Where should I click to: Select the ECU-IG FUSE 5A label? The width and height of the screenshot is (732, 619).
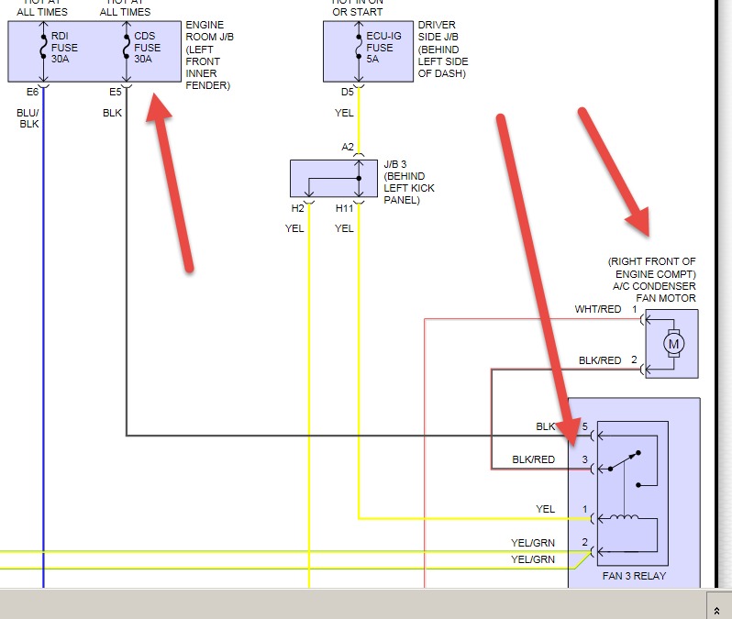380,48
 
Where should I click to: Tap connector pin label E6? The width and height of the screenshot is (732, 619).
33,92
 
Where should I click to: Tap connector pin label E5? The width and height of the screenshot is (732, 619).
115,92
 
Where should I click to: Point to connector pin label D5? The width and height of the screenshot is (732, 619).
347,92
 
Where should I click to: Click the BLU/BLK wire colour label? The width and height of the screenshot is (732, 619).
29,118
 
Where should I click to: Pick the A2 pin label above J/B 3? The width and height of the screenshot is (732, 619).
348,147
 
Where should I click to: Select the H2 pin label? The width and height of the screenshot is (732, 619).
297,208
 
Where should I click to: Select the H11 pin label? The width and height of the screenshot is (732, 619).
344,208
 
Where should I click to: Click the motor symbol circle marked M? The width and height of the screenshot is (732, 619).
674,344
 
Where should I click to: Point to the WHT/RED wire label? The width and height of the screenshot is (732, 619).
597,309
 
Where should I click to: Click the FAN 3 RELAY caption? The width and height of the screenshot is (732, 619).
635,576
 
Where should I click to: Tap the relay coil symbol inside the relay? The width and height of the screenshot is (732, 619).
626,519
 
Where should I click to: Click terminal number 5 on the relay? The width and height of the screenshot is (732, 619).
584,427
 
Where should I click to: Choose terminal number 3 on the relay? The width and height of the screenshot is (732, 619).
584,459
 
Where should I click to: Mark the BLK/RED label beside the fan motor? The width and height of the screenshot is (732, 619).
600,360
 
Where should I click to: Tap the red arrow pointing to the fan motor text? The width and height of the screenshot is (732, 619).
615,171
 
